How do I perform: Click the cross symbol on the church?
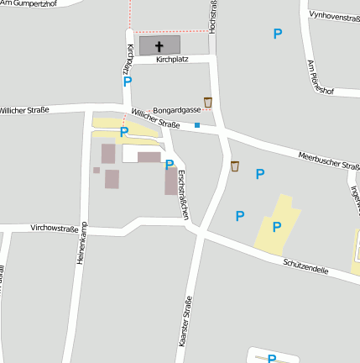(x=159, y=47)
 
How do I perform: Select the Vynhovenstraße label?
(x=334, y=16)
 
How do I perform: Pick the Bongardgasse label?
(x=178, y=110)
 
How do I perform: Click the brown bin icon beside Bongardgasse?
(x=208, y=103)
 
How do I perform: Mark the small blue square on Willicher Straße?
(x=197, y=125)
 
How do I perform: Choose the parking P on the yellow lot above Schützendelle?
(x=276, y=226)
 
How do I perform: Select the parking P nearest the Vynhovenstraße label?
(x=278, y=34)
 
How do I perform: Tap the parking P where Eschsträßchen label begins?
(x=170, y=165)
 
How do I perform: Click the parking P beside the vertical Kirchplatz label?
(x=128, y=82)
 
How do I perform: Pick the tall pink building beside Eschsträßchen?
(x=171, y=181)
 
